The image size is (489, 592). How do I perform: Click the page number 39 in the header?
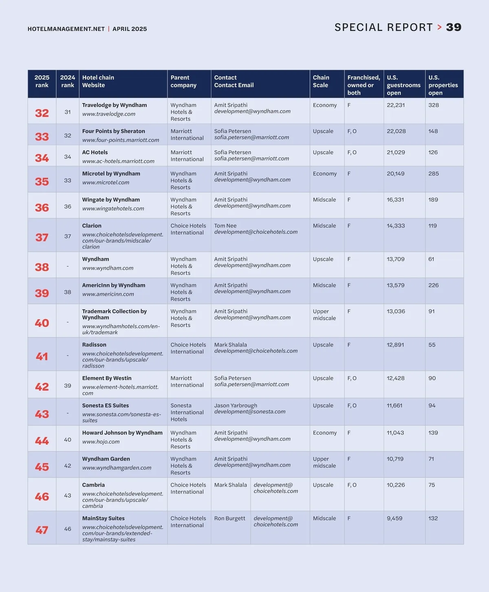(x=454, y=27)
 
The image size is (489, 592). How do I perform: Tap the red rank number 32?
(x=42, y=113)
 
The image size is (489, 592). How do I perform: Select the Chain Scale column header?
(x=321, y=81)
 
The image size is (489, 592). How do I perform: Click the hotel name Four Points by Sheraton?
(x=113, y=131)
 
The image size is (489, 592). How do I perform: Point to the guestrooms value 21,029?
(x=396, y=152)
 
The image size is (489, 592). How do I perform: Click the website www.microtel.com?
(x=106, y=182)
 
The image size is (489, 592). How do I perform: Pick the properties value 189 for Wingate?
(x=433, y=200)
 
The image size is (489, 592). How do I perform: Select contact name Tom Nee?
(x=225, y=226)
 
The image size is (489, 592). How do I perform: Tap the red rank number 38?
(x=42, y=267)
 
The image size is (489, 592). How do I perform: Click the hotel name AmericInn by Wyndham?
(x=113, y=285)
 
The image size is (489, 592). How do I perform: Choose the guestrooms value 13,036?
(x=396, y=311)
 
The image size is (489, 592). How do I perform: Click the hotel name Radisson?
(x=94, y=344)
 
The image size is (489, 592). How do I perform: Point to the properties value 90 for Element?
(x=432, y=378)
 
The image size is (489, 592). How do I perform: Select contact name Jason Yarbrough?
(x=236, y=406)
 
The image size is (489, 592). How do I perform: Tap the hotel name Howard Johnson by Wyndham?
(x=122, y=433)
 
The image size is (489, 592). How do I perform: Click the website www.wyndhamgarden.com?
(x=117, y=468)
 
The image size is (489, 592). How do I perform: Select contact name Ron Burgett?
(x=230, y=518)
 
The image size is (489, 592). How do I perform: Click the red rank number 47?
(x=42, y=530)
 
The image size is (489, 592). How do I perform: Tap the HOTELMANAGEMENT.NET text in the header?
(x=66, y=29)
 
